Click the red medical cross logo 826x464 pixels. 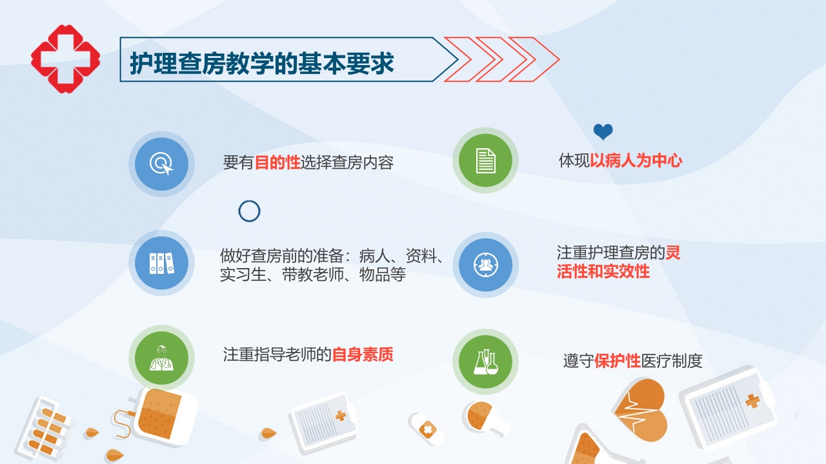click(65, 59)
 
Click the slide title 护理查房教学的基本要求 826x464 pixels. click(262, 63)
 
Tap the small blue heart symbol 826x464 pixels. click(603, 132)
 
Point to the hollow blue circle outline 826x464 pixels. click(249, 211)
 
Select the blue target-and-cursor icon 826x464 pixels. click(161, 164)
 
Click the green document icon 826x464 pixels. click(485, 160)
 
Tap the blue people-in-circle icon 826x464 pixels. click(485, 265)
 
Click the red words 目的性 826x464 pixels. click(277, 163)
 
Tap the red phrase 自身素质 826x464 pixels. click(363, 354)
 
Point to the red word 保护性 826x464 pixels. click(618, 361)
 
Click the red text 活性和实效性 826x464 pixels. click(603, 271)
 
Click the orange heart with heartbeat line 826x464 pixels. click(639, 410)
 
